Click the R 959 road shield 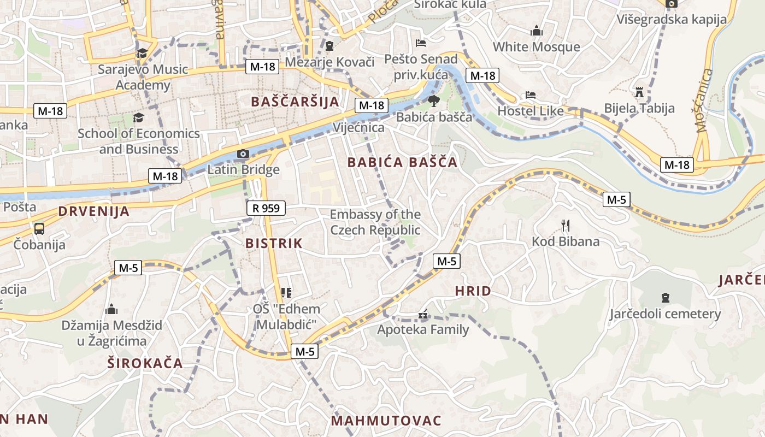pyautogui.click(x=266, y=208)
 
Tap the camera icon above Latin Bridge pyautogui.click(x=243, y=154)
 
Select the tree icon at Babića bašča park pyautogui.click(x=433, y=101)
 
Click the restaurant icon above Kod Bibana pyautogui.click(x=566, y=225)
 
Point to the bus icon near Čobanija pyautogui.click(x=39, y=228)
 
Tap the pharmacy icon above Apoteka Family pyautogui.click(x=422, y=315)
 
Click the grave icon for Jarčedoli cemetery pyautogui.click(x=665, y=298)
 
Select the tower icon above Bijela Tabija pyautogui.click(x=639, y=92)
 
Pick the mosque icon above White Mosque pyautogui.click(x=537, y=31)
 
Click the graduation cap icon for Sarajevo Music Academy pyautogui.click(x=142, y=53)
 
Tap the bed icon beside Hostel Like pyautogui.click(x=530, y=95)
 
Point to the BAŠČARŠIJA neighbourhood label pyautogui.click(x=295, y=102)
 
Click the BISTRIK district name pyautogui.click(x=274, y=244)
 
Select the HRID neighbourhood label pyautogui.click(x=473, y=291)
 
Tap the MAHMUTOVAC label pyautogui.click(x=386, y=421)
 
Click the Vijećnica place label pyautogui.click(x=358, y=128)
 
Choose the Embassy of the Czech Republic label pyautogui.click(x=375, y=222)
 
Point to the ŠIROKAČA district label pyautogui.click(x=144, y=363)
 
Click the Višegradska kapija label pyautogui.click(x=672, y=20)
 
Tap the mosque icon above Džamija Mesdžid pyautogui.click(x=111, y=310)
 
